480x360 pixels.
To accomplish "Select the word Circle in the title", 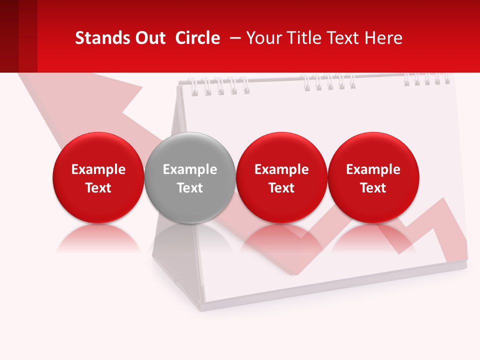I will tap(197, 38).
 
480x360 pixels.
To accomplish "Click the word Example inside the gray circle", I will tap(190, 169).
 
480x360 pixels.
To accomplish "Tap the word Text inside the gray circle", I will tap(190, 188).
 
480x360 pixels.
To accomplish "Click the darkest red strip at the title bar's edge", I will tap(9, 36).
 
